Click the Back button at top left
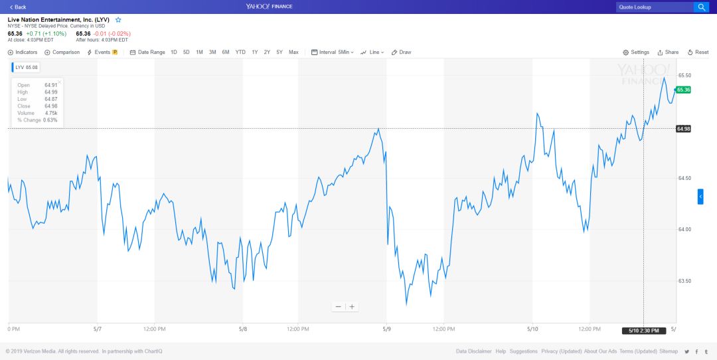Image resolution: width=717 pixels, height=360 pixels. point(18,7)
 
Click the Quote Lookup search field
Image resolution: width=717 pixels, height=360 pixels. point(654,7)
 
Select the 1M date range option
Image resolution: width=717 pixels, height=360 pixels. point(199,52)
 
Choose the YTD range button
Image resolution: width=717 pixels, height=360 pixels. point(240,52)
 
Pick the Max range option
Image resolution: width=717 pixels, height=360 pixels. point(293,52)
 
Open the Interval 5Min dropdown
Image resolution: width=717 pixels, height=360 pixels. point(333,52)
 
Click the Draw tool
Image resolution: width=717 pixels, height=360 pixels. point(402,52)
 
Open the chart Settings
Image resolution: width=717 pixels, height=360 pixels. point(636,52)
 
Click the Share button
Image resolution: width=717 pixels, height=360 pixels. point(668,52)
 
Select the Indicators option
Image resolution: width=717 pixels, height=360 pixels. point(23,52)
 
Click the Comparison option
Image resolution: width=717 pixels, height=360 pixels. point(62,52)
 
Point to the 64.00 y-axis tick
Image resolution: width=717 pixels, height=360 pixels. point(684,229)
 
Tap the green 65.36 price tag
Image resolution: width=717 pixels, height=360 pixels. point(683,90)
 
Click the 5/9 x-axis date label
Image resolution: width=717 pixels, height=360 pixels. point(386,329)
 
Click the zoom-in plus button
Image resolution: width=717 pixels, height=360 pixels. point(353,306)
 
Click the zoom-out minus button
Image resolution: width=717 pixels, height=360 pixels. point(338,306)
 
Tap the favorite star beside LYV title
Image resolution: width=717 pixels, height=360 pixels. point(118,20)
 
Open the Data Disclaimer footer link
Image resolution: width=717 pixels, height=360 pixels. point(474,351)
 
